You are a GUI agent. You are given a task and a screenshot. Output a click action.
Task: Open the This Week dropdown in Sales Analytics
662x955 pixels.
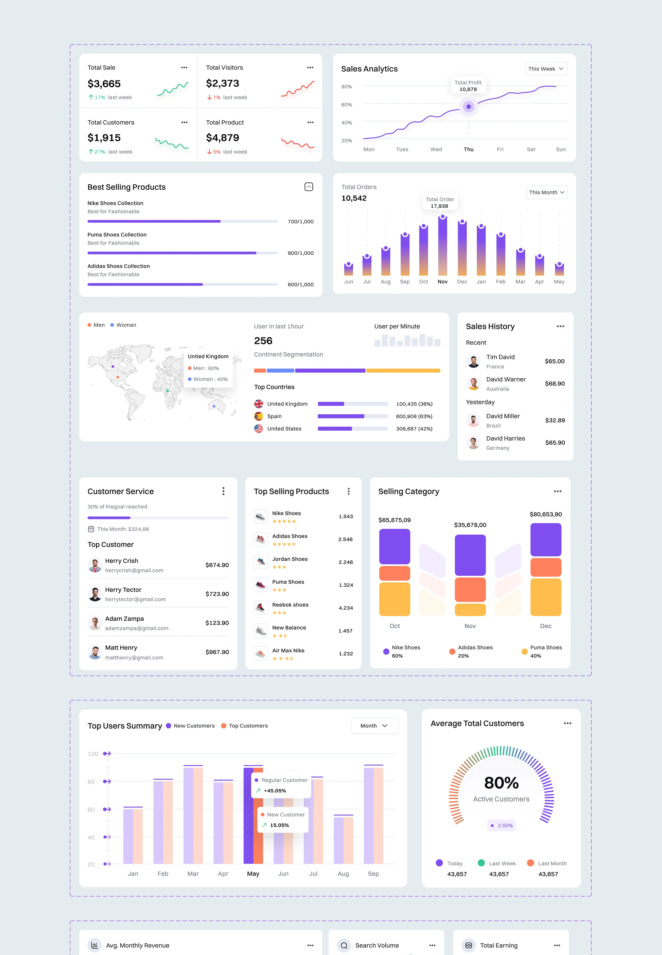(546, 69)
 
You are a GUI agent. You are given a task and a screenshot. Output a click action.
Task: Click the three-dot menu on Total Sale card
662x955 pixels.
(184, 68)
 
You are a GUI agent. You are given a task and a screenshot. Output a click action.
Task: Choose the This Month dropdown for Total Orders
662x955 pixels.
(547, 193)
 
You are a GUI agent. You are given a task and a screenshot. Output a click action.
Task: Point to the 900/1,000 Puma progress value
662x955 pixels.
(300, 253)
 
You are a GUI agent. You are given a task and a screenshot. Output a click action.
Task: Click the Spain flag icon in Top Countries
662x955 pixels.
(258, 416)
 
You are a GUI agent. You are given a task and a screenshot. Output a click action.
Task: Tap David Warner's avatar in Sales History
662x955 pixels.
(473, 383)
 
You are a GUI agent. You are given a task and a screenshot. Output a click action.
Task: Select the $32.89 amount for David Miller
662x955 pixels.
(555, 420)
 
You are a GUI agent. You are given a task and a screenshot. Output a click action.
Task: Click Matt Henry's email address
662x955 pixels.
(134, 657)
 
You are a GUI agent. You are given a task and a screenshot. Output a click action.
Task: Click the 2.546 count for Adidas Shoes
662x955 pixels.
(345, 539)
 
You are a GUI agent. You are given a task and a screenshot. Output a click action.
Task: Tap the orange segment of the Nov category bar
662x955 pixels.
(470, 589)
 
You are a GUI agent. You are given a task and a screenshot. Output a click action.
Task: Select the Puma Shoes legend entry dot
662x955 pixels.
(525, 651)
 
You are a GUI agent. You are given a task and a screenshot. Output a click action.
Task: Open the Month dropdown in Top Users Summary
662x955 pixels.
(374, 726)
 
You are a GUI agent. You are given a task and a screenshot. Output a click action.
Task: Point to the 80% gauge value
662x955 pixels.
(501, 783)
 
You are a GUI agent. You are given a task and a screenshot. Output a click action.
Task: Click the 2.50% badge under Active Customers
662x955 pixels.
(501, 826)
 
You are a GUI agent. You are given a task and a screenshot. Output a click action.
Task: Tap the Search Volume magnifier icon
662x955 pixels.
(344, 946)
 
